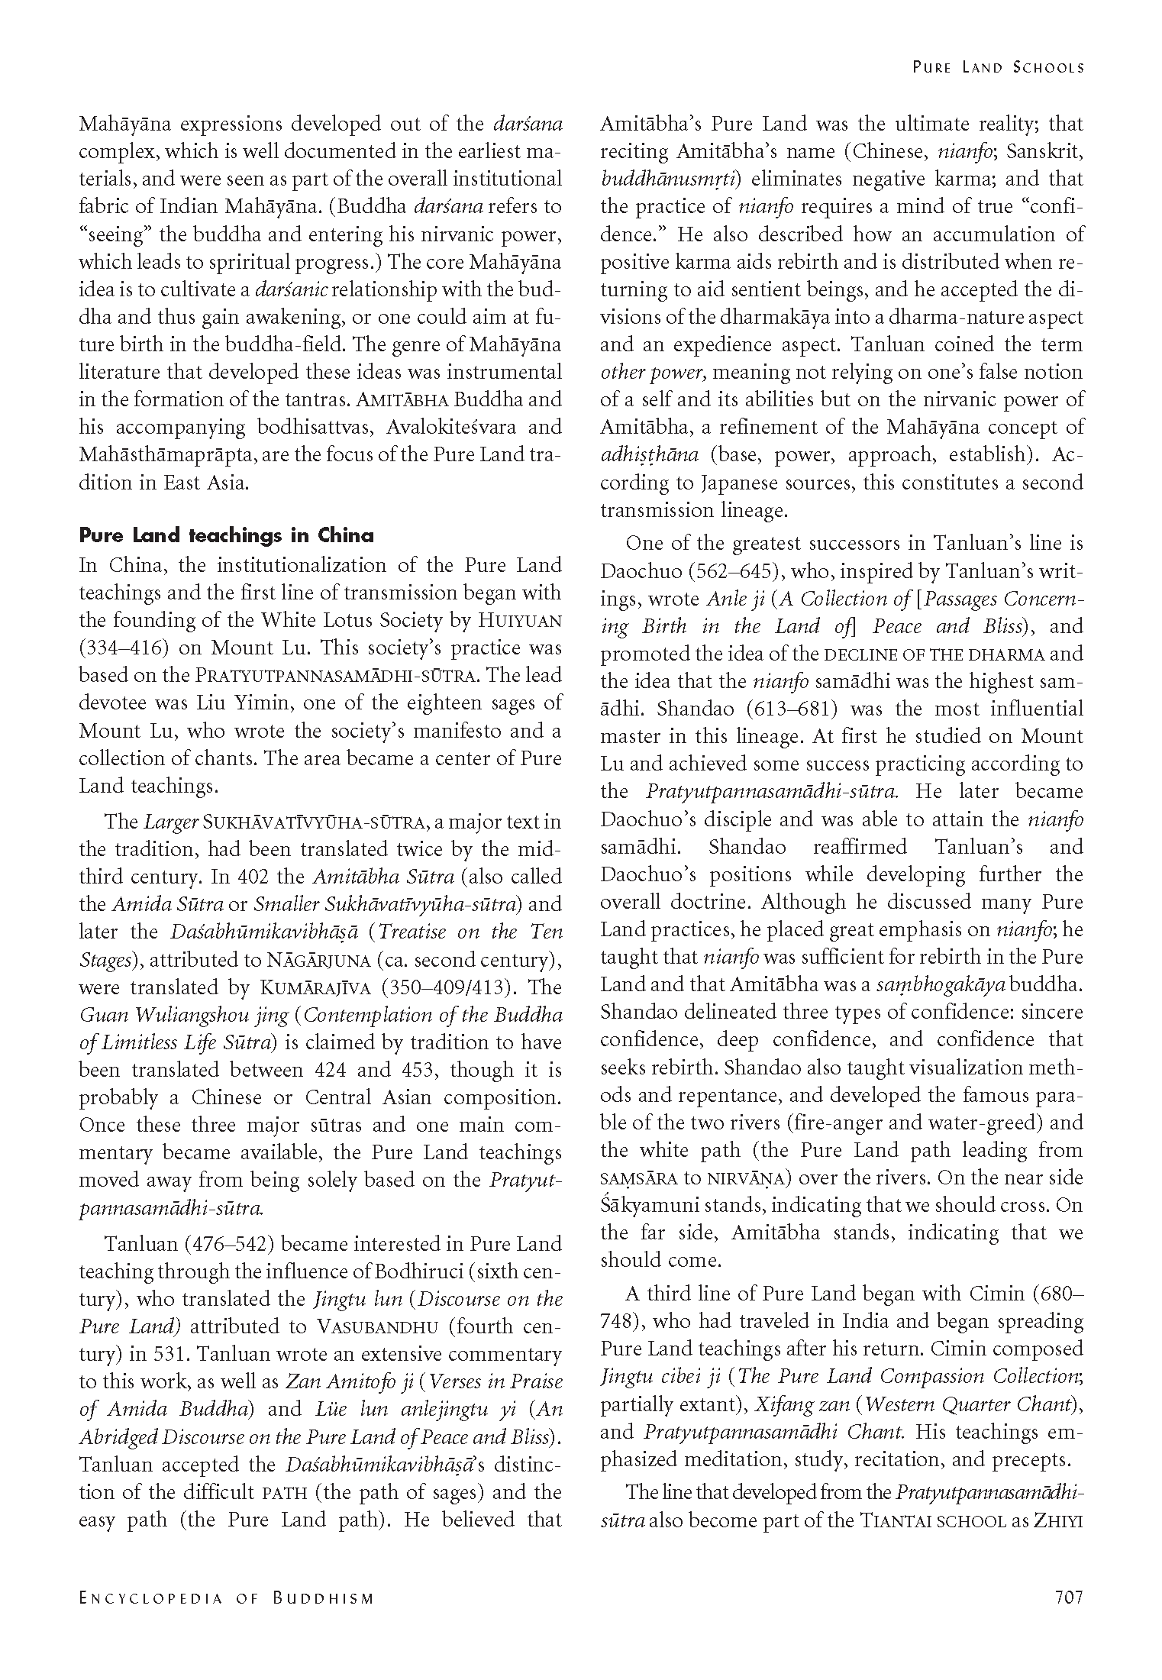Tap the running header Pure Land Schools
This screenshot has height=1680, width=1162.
point(998,67)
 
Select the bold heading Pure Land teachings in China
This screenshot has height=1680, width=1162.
point(227,535)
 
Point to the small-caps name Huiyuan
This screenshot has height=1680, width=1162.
point(519,621)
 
